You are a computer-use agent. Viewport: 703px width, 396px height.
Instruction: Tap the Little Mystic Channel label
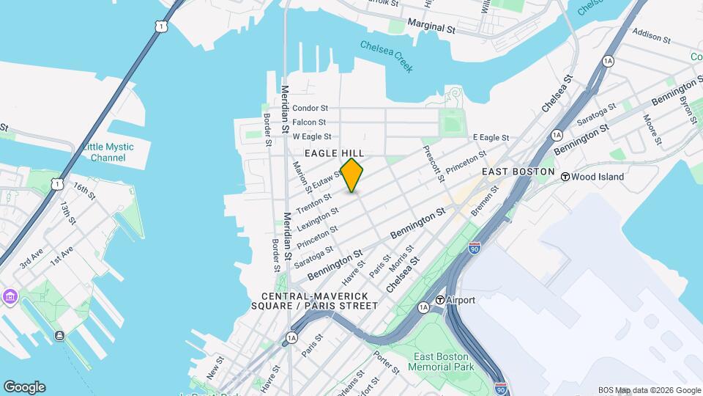click(108, 152)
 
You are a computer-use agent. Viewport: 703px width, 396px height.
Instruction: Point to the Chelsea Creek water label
click(387, 56)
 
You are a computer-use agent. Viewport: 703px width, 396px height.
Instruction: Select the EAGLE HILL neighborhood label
click(334, 153)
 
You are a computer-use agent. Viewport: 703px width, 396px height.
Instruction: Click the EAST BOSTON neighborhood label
click(518, 171)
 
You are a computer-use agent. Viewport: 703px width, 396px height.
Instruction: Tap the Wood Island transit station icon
click(565, 177)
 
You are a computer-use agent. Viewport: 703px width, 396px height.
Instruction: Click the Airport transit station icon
click(440, 300)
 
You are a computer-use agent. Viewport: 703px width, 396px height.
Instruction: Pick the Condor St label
click(310, 109)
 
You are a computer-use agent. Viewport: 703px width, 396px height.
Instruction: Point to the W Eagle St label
click(312, 136)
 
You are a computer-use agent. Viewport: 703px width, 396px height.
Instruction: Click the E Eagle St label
click(491, 137)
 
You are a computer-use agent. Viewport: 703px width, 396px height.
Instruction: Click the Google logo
click(23, 387)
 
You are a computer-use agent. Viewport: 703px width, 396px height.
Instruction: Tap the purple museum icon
click(10, 297)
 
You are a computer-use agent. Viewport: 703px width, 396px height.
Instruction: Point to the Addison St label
click(651, 35)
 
